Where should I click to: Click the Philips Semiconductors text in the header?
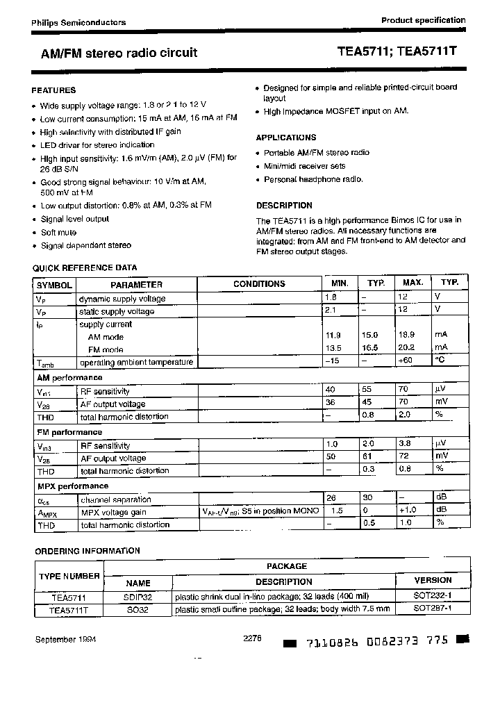tap(78, 22)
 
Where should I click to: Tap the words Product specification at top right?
tap(423, 20)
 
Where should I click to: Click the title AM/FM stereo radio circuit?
tap(115, 53)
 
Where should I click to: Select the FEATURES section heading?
tap(54, 90)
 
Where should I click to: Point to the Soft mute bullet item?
tap(58, 233)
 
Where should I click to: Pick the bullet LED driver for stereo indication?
tap(97, 145)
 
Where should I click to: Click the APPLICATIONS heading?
tap(285, 138)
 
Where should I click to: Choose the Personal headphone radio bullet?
tap(313, 179)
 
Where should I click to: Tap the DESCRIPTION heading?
tap(284, 206)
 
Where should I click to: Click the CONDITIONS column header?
tap(259, 284)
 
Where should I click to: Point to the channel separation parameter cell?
tap(116, 499)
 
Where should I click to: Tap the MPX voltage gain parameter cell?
tap(113, 512)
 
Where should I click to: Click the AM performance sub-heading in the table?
tap(69, 378)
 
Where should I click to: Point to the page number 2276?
tap(252, 638)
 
